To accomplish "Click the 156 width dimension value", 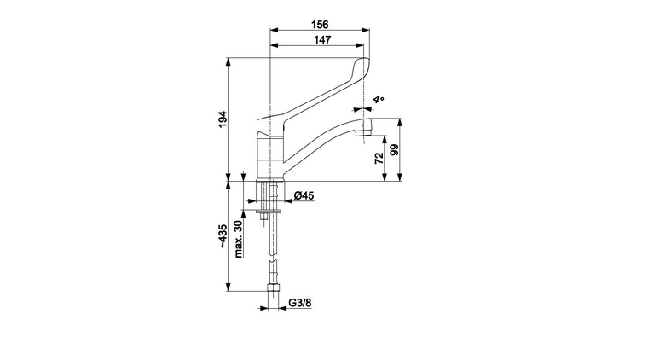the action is coord(320,25).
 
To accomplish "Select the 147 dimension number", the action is coord(322,40).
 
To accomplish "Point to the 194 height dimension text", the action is coord(223,119).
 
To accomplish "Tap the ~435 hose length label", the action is coord(223,236).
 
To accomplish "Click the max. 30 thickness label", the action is coord(238,240).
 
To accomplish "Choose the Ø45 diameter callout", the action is coord(304,195).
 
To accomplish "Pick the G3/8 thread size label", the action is coord(299,303).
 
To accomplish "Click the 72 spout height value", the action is coord(379,159).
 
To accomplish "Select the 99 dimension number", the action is coord(395,149).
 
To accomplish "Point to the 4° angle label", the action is coord(378,100).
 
